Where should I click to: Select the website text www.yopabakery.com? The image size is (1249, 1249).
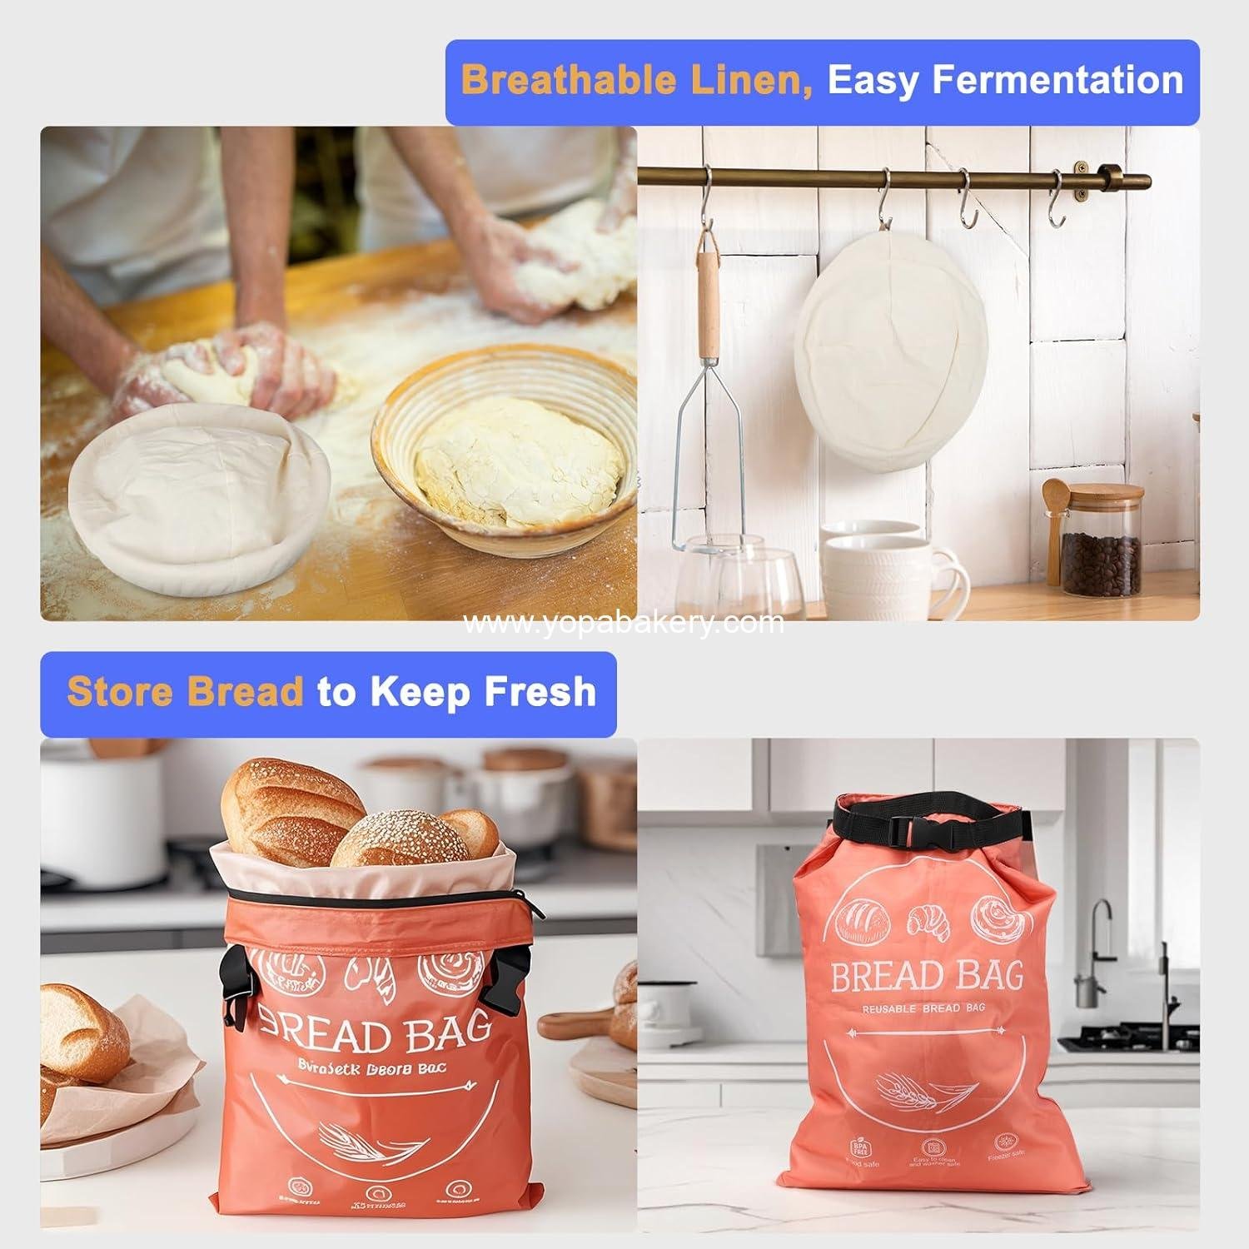click(623, 622)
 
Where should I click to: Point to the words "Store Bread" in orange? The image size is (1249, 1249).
click(185, 693)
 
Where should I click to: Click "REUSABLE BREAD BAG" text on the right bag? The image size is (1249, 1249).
click(923, 1008)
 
